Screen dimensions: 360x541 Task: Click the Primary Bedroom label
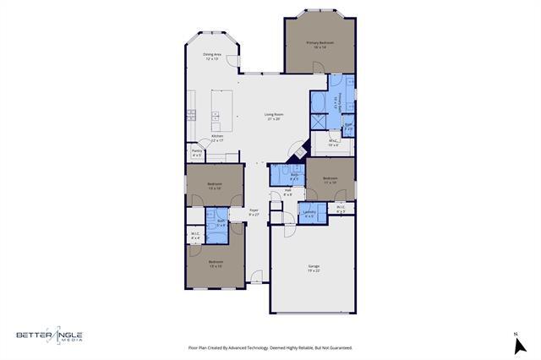click(x=320, y=43)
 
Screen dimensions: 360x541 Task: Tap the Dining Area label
click(x=211, y=55)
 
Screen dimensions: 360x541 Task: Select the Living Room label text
click(x=273, y=114)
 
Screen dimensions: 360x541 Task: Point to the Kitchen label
click(x=216, y=136)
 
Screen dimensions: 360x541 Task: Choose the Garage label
click(x=314, y=266)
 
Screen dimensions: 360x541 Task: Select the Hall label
click(x=288, y=190)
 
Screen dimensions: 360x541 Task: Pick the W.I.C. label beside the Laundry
click(x=340, y=207)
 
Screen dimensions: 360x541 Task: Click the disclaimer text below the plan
click(x=270, y=347)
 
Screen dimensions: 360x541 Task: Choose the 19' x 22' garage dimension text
click(x=314, y=270)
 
